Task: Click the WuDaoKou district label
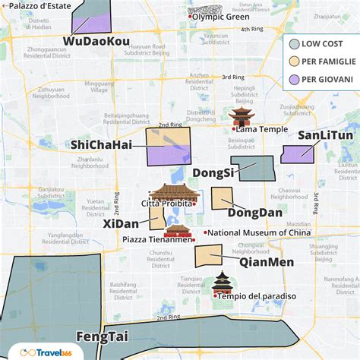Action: [x=96, y=40]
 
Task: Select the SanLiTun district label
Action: [x=324, y=135]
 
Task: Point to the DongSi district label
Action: [x=212, y=173]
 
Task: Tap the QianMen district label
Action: [x=266, y=262]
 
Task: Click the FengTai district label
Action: [x=102, y=336]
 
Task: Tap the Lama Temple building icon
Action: [x=241, y=116]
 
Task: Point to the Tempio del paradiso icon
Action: [x=222, y=283]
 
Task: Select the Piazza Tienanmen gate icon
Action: [x=176, y=230]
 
